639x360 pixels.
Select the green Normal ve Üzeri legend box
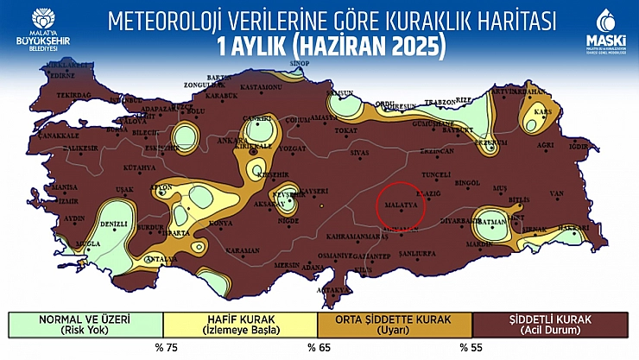click(x=84, y=325)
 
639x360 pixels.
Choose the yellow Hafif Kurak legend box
click(x=239, y=325)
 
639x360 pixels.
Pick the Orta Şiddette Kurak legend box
click(x=395, y=325)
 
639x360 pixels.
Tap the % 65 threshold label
click(x=318, y=348)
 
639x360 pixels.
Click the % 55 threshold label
click(x=471, y=348)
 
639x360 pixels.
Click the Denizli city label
click(x=115, y=224)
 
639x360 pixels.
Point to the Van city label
click(x=556, y=193)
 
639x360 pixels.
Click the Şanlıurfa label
click(x=422, y=253)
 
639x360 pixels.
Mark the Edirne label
click(x=40, y=75)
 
